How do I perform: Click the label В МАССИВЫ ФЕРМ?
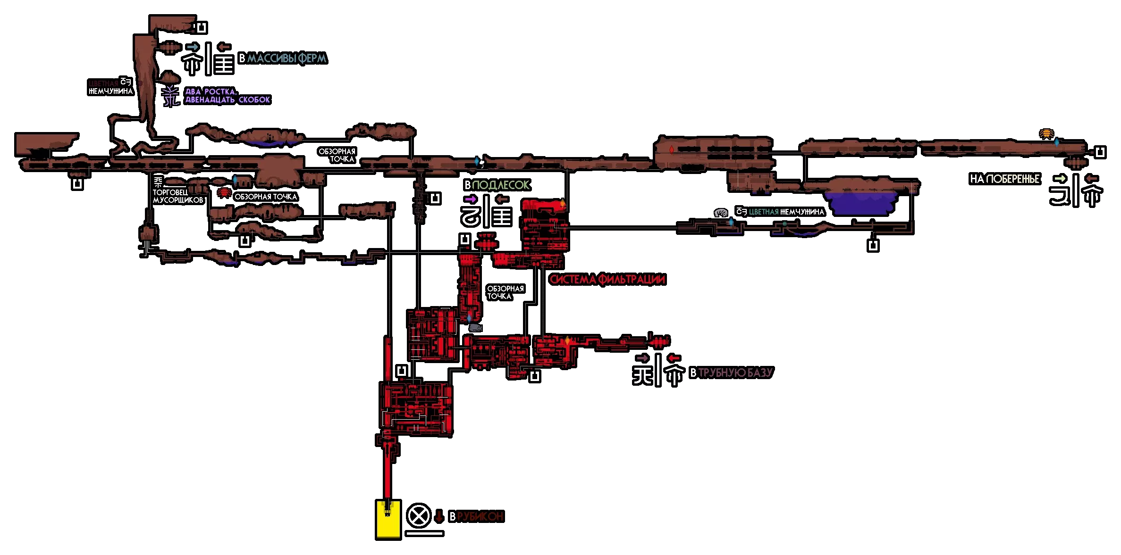pyautogui.click(x=282, y=58)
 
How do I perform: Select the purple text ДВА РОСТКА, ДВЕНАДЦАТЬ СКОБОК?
pyautogui.click(x=227, y=96)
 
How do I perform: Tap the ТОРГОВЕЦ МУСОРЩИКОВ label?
pyautogui.click(x=177, y=196)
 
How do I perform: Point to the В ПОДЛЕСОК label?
pyautogui.click(x=497, y=185)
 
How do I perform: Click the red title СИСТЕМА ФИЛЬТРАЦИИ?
pyautogui.click(x=607, y=280)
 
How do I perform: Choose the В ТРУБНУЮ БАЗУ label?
pyautogui.click(x=731, y=373)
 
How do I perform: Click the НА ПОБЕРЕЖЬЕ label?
pyautogui.click(x=1004, y=179)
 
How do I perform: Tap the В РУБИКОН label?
pyautogui.click(x=476, y=517)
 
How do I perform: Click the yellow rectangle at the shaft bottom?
pyautogui.click(x=388, y=519)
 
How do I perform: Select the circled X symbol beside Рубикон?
pyautogui.click(x=419, y=515)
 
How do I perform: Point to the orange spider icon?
pyautogui.click(x=1046, y=134)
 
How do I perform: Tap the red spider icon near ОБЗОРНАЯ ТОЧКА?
pyautogui.click(x=223, y=193)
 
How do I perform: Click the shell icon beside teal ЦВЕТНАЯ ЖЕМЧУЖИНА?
pyautogui.click(x=721, y=213)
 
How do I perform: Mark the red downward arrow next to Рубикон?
pyautogui.click(x=439, y=516)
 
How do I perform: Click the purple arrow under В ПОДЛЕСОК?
pyautogui.click(x=470, y=199)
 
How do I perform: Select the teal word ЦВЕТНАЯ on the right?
pyautogui.click(x=763, y=212)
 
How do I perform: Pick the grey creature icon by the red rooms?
pyautogui.click(x=475, y=327)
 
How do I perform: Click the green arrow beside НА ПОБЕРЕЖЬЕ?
pyautogui.click(x=1060, y=178)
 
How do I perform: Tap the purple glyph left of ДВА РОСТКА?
pyautogui.click(x=170, y=96)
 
